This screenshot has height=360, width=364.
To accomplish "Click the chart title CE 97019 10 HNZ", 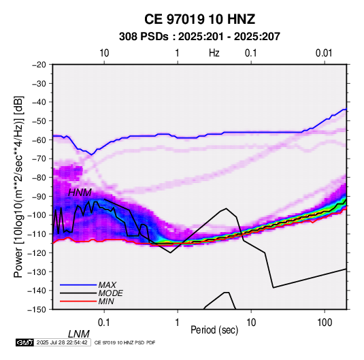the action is point(199,19).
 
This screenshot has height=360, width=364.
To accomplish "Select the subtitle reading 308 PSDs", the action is point(144,37).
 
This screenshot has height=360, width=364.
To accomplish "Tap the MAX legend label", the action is point(107,284).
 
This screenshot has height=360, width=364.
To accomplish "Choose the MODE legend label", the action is point(110,293).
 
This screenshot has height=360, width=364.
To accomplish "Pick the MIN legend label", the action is point(106,301).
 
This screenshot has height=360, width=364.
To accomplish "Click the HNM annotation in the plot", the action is point(80,193).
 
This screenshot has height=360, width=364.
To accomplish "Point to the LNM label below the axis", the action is point(79,334).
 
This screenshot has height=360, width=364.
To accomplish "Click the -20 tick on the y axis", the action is point(39,65).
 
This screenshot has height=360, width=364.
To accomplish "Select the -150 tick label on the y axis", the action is point(37,310).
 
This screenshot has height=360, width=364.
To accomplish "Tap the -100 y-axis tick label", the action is point(37,215).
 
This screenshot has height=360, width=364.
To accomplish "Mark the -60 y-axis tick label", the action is point(39,140).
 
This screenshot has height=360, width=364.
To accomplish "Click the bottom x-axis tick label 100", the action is point(324,323).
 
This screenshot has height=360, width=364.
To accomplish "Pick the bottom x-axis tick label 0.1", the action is point(104,323).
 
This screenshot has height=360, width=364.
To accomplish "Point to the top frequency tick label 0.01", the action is point(324,53).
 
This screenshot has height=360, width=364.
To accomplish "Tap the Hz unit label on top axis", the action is point(214,53).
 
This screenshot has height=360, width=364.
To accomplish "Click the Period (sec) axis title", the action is point(214,330).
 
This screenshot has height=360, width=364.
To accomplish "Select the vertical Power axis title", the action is point(18,186).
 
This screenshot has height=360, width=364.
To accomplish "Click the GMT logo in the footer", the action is point(24,342).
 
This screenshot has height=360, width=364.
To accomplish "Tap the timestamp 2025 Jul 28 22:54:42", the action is point(62,342).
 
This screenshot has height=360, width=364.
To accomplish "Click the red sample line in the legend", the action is point(78,301).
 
